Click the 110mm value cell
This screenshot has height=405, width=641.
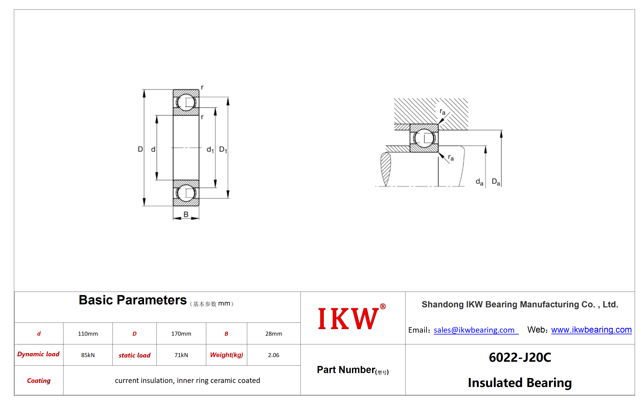click(88, 334)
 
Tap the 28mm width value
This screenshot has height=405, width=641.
click(274, 334)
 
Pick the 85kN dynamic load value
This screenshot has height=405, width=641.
click(88, 355)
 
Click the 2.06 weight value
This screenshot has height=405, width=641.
click(274, 355)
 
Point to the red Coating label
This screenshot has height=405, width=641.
click(39, 381)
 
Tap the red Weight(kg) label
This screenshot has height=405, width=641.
click(227, 355)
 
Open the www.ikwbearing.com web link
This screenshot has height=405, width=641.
click(591, 330)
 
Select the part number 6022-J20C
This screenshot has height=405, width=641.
click(520, 357)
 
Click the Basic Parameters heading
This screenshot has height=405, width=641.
click(132, 300)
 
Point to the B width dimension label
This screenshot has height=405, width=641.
click(186, 214)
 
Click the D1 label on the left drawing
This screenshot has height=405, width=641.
click(223, 150)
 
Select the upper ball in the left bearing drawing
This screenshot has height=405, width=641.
click(186, 102)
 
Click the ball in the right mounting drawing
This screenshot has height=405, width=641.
click(424, 138)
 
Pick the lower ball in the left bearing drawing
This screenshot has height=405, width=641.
click(186, 193)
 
